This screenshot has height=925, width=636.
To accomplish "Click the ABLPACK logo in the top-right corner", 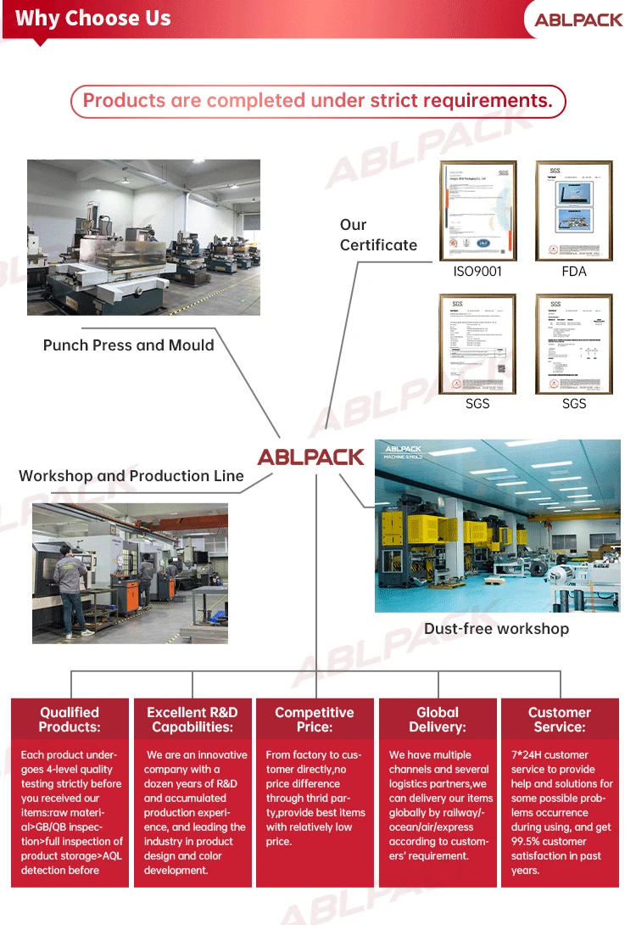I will pos(578,19).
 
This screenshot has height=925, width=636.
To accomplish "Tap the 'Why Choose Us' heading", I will pos(93,18).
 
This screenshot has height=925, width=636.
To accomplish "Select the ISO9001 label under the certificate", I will pos(477,272).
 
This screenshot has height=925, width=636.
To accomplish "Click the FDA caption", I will pos(574,272).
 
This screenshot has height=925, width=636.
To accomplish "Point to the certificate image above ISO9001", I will pos(477,210).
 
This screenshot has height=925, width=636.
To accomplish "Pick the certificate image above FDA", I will pos(574,210).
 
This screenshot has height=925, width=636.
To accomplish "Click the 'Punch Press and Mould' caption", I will pos(129,345).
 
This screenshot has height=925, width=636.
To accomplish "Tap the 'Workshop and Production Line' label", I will pos(131,476).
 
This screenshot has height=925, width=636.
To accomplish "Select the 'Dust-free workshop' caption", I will pos(497,629).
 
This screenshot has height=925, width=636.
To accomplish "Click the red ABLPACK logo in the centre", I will pos(311,457).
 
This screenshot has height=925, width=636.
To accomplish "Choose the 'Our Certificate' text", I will pos(378,235).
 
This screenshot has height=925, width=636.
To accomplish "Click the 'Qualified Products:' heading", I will pos(70,720).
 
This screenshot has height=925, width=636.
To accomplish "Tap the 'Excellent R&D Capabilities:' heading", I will pos(192,720).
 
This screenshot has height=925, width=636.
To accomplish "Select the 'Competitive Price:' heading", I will pos(315,720).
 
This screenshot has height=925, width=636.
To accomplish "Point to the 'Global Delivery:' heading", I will pos(438,720).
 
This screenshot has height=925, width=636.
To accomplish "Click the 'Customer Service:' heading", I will pos(560,720).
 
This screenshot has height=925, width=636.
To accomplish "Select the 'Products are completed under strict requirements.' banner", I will pos(318,101).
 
